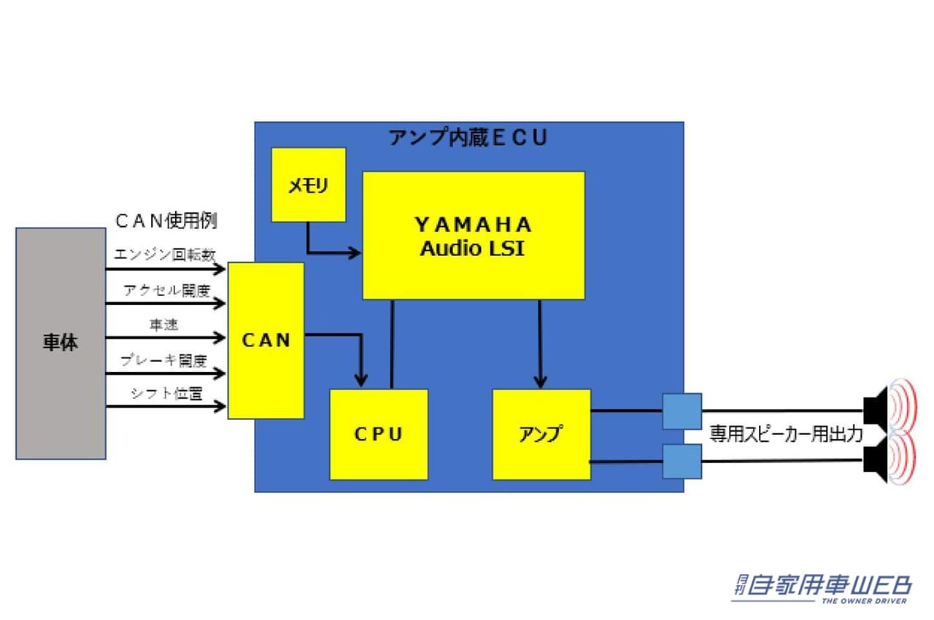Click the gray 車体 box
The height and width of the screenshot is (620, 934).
(x=61, y=343)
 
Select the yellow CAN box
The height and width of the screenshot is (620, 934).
(x=266, y=340)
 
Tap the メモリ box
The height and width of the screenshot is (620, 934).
(x=308, y=185)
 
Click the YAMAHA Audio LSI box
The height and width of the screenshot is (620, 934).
(x=473, y=235)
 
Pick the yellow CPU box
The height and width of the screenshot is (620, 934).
(x=378, y=434)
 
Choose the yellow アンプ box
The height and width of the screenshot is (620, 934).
(x=541, y=434)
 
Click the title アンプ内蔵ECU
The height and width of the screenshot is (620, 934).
(x=468, y=138)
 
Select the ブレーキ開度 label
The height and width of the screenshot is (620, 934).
(x=164, y=360)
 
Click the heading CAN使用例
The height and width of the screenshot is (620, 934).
(x=166, y=219)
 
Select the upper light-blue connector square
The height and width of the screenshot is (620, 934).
(x=682, y=411)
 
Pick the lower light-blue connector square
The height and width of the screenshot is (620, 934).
(x=682, y=461)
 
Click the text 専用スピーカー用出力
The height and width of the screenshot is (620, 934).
(x=786, y=435)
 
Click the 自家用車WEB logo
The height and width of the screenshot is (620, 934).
(x=822, y=587)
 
